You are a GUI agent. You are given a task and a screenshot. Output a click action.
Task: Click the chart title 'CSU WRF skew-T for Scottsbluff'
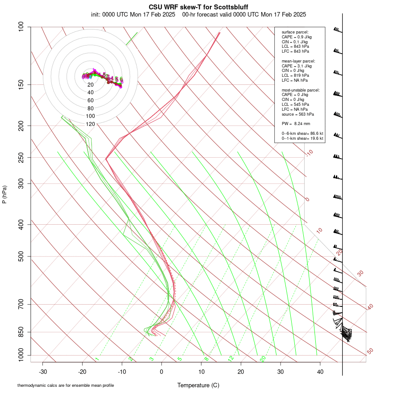click(198, 7)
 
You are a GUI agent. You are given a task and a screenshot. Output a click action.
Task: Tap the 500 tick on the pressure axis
click(21, 256)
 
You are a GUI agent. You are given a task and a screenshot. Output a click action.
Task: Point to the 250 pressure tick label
click(21, 157)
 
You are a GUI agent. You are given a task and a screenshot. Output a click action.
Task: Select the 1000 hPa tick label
click(20, 356)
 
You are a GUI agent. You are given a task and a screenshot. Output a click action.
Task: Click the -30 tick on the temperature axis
click(43, 371)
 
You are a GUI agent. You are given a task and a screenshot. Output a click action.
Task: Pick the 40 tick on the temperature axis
click(320, 371)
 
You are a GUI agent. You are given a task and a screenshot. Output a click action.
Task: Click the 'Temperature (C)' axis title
click(198, 385)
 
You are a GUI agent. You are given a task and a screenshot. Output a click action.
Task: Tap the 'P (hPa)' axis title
click(4, 194)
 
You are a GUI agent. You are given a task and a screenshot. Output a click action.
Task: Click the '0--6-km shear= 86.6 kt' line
click(302, 134)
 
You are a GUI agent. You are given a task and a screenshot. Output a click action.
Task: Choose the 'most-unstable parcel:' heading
click(301, 90)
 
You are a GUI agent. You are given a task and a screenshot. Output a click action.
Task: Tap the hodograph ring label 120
click(90, 124)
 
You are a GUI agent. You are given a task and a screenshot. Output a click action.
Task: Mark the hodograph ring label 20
click(90, 84)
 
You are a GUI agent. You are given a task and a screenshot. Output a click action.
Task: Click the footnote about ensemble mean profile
click(66, 385)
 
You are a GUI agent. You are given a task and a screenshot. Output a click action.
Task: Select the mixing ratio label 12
click(231, 358)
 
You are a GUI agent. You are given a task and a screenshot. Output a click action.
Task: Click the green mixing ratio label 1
click(97, 359)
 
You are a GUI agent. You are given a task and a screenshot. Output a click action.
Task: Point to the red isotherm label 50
click(370, 352)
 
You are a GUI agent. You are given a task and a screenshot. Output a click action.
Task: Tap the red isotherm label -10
click(309, 153)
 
